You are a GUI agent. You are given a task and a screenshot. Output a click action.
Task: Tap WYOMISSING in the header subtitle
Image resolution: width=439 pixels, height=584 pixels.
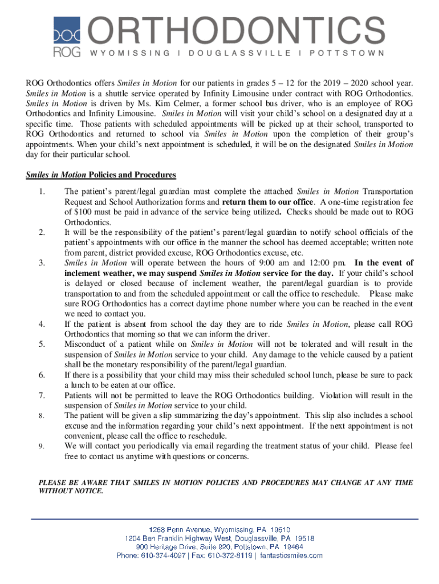(128, 53)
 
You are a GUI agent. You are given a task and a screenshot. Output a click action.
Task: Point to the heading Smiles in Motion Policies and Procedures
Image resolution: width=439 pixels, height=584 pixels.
(101, 175)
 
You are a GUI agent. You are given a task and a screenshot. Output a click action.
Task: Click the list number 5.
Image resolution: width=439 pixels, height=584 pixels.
(42, 344)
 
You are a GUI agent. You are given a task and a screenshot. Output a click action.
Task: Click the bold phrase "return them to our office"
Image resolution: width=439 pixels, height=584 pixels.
(268, 202)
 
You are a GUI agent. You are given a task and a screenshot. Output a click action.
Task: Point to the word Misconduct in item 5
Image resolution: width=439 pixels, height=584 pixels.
(85, 344)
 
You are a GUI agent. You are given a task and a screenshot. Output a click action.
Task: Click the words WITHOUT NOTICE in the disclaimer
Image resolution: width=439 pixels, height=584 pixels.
(71, 491)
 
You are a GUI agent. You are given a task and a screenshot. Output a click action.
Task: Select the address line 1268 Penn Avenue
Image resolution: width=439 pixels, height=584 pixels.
(219, 529)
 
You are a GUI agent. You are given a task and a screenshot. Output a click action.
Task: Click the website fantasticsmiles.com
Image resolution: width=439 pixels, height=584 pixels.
(291, 555)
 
